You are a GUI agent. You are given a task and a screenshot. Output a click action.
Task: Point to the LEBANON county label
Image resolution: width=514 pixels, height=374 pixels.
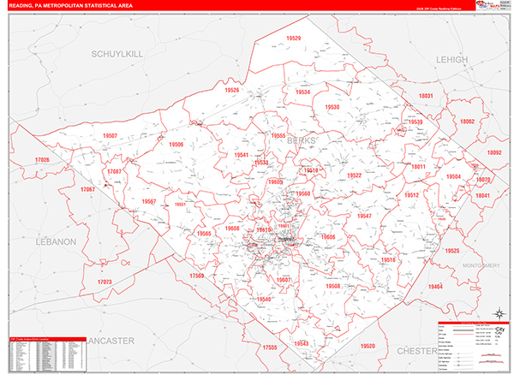(57, 242)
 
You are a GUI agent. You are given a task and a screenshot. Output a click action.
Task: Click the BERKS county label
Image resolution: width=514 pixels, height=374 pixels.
(301, 140)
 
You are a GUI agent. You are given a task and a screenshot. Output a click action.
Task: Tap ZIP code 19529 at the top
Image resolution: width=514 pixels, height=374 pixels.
(294, 39)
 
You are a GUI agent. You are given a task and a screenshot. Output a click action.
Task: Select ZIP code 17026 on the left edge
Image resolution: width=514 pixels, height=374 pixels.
(42, 160)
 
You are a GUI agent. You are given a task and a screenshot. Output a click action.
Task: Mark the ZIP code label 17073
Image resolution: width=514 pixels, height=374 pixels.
(105, 282)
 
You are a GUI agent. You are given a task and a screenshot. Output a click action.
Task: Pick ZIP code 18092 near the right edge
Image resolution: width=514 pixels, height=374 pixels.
(494, 152)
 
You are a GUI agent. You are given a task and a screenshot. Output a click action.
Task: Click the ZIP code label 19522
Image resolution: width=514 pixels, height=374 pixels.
(354, 175)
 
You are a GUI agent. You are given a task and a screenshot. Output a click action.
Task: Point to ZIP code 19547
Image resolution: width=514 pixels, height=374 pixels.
(364, 216)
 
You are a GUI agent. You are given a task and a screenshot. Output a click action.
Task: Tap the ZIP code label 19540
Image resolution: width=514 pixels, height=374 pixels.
(263, 299)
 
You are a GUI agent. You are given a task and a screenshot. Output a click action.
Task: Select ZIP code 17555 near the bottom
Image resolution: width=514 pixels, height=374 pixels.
(272, 347)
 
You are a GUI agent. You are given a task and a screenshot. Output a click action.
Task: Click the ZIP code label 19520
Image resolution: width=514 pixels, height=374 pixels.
(368, 346)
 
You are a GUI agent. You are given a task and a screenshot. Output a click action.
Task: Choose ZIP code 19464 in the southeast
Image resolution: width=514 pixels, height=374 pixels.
(437, 287)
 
